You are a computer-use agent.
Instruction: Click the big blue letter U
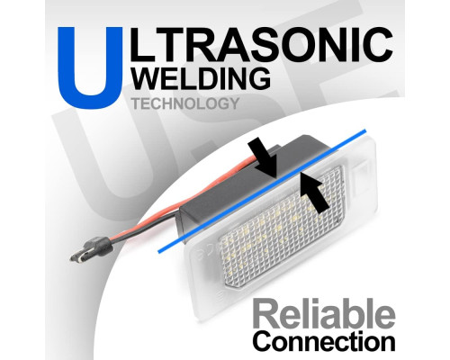pos(90,67)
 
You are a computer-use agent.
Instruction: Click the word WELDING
pos(202,77)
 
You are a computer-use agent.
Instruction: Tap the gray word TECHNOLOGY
pos(185,103)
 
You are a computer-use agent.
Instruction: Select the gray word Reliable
pos(324,314)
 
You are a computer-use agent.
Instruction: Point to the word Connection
pos(324,341)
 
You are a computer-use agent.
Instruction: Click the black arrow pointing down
pos(265,159)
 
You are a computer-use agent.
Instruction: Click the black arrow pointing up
pos(314,193)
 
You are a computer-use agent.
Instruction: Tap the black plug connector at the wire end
pos(91,248)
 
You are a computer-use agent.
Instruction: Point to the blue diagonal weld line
pos(262,191)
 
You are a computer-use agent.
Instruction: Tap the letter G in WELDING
pos(259,78)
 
